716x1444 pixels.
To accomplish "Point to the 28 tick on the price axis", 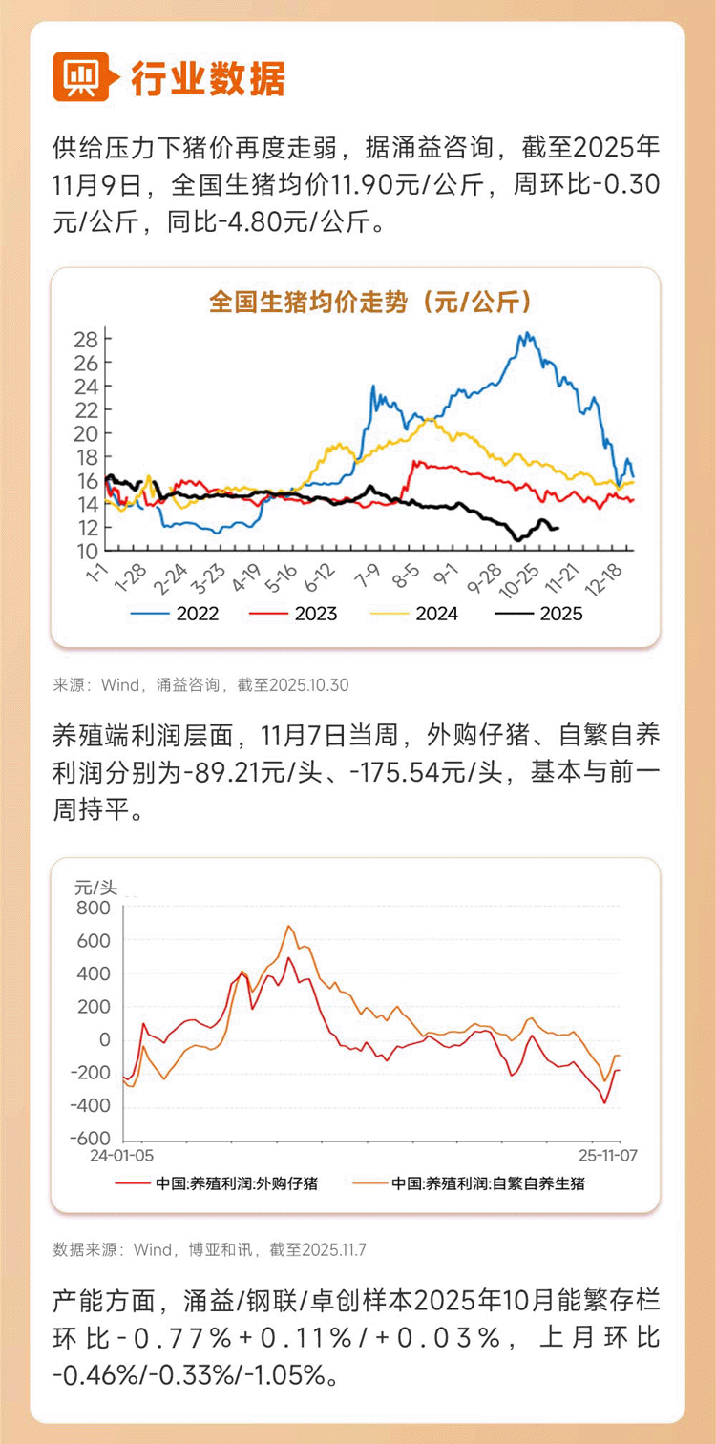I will [x=86, y=340].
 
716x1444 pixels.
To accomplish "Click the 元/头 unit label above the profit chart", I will [x=95, y=886].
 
